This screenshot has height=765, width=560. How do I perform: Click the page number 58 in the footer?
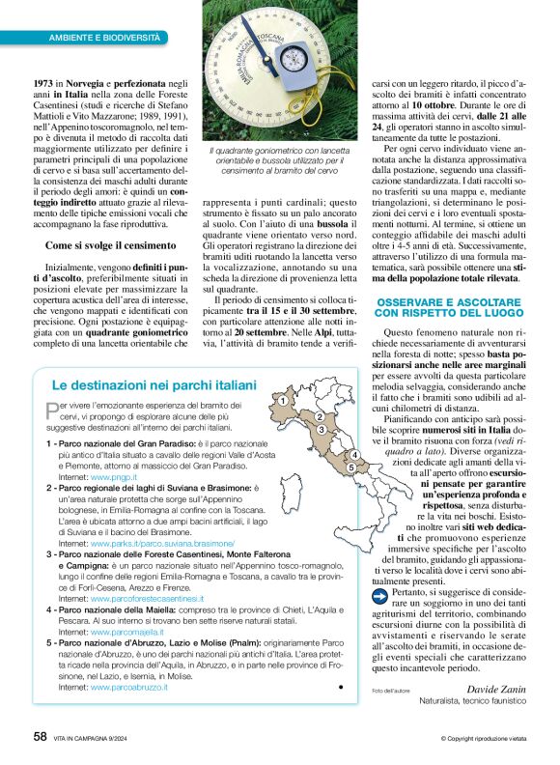[41, 736]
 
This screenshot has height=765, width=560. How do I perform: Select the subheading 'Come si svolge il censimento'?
[106, 246]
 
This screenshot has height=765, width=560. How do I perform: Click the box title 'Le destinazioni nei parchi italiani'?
[154, 384]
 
